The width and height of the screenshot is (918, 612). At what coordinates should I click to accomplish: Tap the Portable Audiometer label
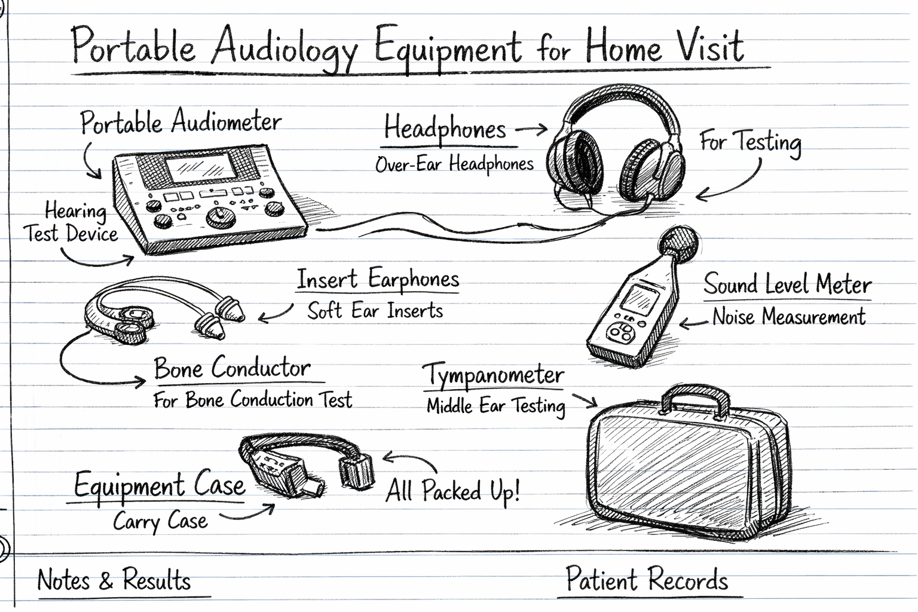180,123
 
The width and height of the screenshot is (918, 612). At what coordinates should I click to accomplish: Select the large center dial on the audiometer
219,216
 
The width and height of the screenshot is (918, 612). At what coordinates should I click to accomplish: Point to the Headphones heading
445,129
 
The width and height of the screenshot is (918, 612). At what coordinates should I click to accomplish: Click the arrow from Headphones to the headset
531,128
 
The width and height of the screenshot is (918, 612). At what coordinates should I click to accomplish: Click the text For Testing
750,142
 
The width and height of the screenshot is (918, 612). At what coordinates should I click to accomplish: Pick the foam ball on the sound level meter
678,244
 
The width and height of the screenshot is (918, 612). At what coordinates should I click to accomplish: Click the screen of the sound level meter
636,298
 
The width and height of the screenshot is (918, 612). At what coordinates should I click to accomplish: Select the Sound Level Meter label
787,284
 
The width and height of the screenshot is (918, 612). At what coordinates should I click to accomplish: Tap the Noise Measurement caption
789,316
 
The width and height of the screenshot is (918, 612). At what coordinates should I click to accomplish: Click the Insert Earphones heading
378,279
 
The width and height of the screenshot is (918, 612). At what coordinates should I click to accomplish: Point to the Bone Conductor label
232,368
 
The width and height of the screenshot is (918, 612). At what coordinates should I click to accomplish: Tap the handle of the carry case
695,397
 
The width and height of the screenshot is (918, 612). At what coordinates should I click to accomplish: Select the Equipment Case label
159,485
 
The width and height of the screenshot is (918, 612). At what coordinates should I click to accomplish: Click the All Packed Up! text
452,491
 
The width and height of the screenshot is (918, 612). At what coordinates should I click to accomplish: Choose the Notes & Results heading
114,580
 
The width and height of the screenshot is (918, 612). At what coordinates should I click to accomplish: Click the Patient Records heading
647,580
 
